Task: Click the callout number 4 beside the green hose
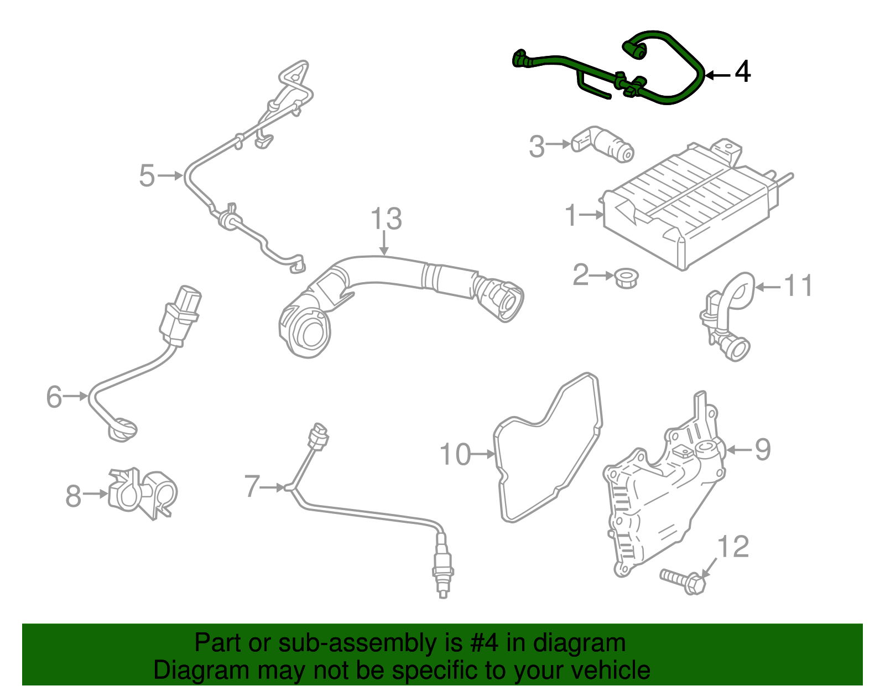[742, 72]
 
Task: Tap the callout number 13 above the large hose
[386, 219]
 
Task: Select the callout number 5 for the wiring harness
[147, 176]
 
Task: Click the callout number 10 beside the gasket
[455, 455]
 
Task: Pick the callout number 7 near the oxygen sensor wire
[252, 487]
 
